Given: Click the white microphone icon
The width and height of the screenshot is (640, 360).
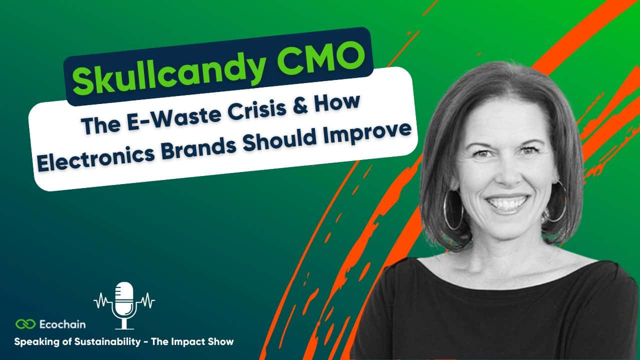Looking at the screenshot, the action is tap(124, 305).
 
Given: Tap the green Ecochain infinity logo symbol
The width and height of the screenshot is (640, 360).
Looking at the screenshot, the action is tap(25, 324).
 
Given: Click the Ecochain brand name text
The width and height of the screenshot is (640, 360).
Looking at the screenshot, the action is tap(62, 324).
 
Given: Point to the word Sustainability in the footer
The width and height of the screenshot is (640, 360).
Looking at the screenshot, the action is tap(107, 341).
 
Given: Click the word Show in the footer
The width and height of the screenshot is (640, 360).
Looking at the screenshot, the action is tap(220, 341).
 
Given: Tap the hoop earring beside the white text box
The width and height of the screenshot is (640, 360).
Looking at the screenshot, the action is tap(453, 210).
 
